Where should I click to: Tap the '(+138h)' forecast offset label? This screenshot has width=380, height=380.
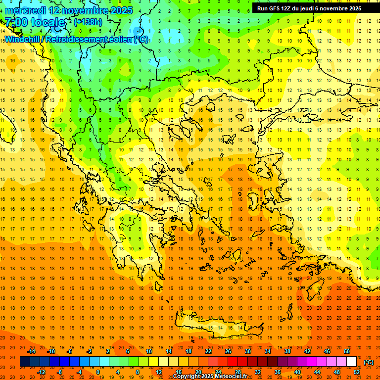point(88,22)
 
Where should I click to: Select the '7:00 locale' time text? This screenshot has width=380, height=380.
point(35,22)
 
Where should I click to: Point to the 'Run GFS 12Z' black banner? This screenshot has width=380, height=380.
point(309,8)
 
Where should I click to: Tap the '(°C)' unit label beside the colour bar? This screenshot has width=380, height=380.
point(369,362)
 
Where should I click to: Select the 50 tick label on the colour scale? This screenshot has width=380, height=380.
point(346,351)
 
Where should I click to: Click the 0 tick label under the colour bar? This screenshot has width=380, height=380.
point(98,372)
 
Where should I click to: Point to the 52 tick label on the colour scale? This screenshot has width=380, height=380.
point(357,372)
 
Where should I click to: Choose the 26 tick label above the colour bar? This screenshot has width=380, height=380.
point(228,351)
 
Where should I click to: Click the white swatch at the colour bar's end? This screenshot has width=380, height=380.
point(351,362)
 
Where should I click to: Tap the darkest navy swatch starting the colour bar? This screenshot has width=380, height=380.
point(25,362)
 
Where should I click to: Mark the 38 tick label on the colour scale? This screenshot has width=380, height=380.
point(287,351)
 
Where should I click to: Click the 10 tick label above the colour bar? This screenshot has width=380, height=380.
point(149,351)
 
